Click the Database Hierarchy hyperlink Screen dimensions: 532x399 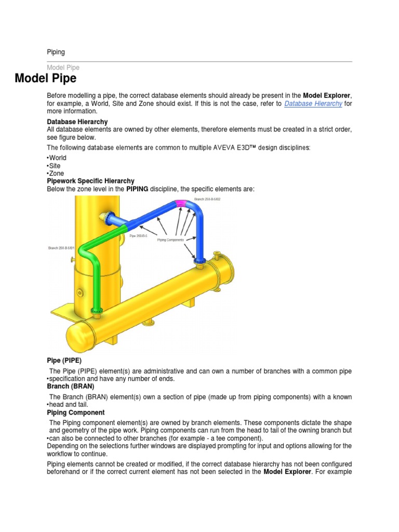[x=313, y=103]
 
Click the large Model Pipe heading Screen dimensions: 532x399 [x=46, y=79]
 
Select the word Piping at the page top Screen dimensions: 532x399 [x=56, y=52]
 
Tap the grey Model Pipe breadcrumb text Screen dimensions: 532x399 [x=63, y=68]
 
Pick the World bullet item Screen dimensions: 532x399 [x=58, y=157]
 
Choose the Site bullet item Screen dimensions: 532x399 [x=56, y=165]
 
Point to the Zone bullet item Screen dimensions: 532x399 [x=57, y=173]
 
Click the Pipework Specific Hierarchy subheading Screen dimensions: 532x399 [x=90, y=181]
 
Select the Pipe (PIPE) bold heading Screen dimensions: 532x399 [x=64, y=360]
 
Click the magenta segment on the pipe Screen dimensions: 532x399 [x=183, y=204]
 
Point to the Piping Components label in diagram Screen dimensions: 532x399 [x=170, y=240]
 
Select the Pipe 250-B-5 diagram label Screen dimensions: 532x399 [x=138, y=236]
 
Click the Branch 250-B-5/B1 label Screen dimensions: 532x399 [x=61, y=248]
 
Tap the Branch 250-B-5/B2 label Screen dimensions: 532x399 [x=207, y=199]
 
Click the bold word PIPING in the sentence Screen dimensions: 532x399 [x=137, y=189]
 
